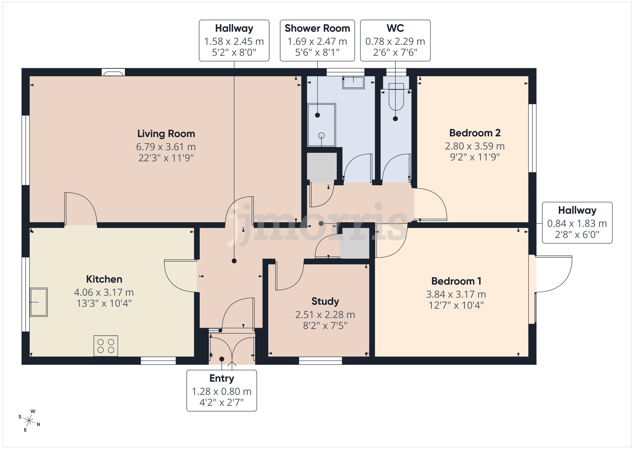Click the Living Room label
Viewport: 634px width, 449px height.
pos(166,134)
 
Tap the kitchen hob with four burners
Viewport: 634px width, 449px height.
pos(106,346)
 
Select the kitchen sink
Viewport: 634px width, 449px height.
pos(39,302)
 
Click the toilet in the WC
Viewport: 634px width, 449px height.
pos(396,96)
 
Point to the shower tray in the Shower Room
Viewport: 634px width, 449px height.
pos(321,125)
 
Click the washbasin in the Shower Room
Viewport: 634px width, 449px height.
pos(353,82)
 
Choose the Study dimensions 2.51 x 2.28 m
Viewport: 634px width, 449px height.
pos(325,314)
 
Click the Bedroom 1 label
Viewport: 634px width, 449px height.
pos(456,281)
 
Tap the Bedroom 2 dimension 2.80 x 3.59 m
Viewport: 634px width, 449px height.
pos(475,146)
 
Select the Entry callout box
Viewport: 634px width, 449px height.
pos(222,391)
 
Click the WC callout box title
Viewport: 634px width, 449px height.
pos(395,28)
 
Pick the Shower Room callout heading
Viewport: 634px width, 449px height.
pos(317,28)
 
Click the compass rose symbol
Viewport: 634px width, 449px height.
pos(29,421)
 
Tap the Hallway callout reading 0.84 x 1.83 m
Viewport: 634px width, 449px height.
pos(577,223)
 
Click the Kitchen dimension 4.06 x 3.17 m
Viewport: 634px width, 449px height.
pos(104,292)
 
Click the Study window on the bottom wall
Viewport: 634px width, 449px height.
pos(320,360)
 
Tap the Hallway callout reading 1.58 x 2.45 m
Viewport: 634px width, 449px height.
pos(234,41)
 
